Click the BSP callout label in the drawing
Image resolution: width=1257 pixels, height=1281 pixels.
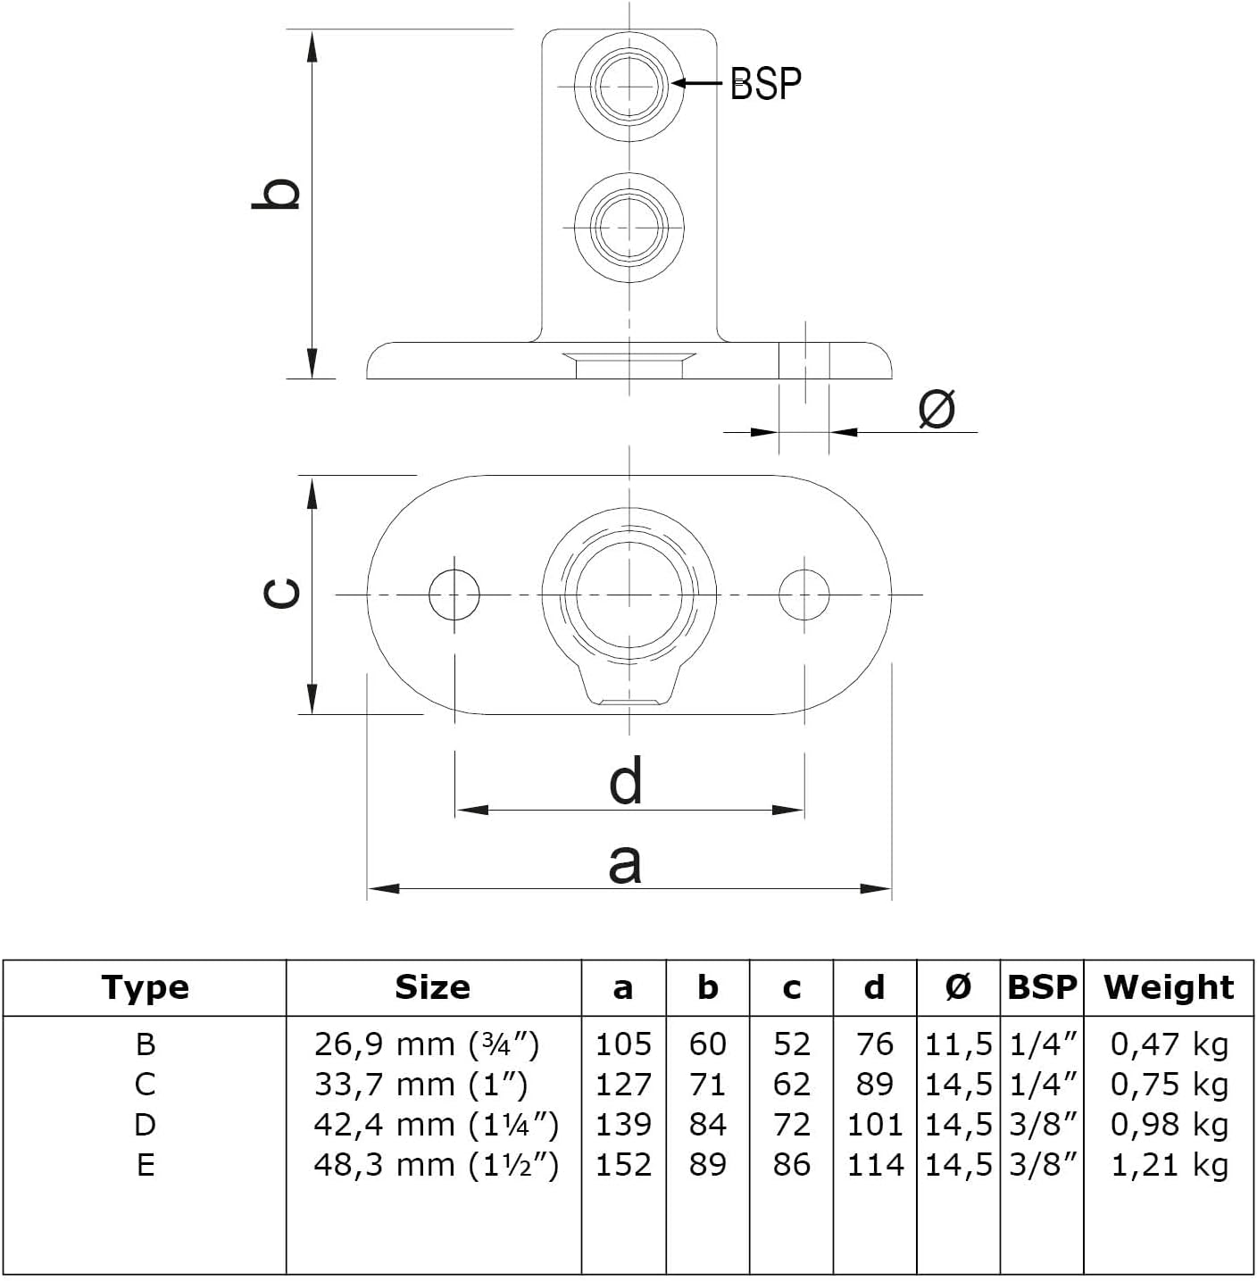pos(765,85)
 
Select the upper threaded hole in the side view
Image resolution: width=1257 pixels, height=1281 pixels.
pos(629,87)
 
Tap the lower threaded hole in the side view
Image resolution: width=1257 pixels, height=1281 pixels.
pos(629,228)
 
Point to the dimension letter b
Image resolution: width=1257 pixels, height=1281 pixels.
pos(276,194)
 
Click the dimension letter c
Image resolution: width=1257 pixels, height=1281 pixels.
pos(281,594)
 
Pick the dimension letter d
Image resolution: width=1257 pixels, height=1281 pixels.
pos(626,781)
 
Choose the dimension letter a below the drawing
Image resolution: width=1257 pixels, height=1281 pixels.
pos(625,863)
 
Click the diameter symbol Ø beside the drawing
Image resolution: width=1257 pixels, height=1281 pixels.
pos(937,408)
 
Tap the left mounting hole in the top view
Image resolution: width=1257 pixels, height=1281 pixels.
pos(454,595)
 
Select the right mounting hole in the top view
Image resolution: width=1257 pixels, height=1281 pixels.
pos(804,595)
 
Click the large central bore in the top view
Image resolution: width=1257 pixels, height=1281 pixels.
pos(629,595)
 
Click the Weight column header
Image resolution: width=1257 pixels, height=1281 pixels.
pos(1169,988)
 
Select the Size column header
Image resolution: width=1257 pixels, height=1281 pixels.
pos(433,988)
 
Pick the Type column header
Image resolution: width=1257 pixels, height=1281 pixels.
pos(146,988)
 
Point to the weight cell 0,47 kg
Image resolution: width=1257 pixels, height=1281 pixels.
pos(1170,1045)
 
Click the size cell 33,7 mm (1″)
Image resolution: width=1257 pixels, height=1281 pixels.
pos(421,1085)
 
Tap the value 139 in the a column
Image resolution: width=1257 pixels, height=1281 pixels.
pos(623,1125)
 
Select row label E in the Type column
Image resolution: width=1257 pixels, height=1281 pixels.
pos(146,1165)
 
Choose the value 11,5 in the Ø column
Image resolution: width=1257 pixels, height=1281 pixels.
pos(959,1045)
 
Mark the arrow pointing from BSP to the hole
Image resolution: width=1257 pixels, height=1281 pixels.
pos(697,83)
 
